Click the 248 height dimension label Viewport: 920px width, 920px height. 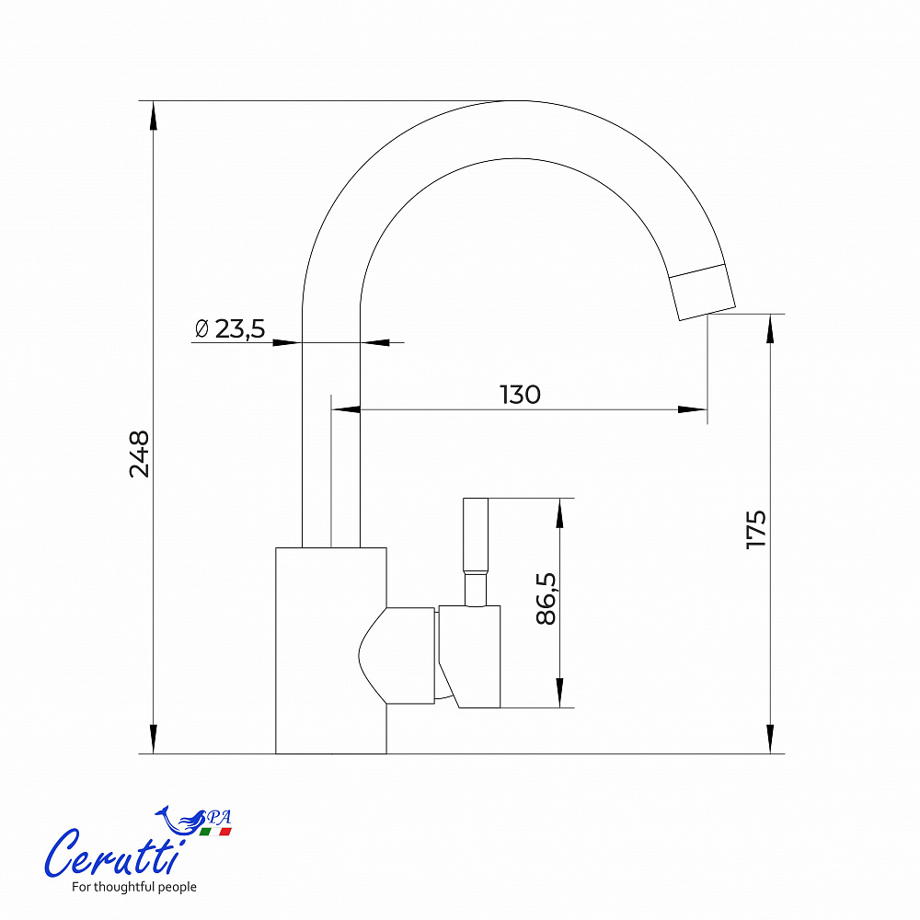point(140,454)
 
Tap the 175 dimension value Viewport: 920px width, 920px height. point(756,530)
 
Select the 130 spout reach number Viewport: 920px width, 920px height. point(520,395)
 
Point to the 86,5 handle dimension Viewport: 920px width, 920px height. point(546,599)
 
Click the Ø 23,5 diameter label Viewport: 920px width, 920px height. point(230,328)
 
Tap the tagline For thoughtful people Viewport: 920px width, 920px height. point(134,887)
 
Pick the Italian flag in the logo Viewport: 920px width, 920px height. point(215,832)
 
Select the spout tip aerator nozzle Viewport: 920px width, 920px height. point(702,293)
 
